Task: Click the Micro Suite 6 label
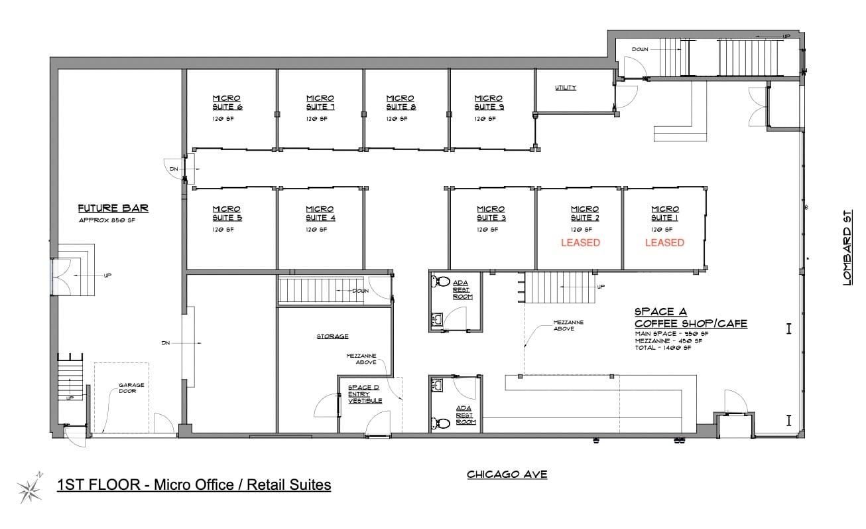pos(227,103)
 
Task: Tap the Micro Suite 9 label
pos(488,103)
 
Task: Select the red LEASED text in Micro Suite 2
pos(580,243)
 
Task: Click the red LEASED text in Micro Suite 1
pos(664,243)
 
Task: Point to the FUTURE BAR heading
pos(113,208)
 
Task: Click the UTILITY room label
pos(566,88)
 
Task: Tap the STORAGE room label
pos(332,337)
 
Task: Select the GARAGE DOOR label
pos(131,389)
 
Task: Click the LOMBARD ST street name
pos(847,247)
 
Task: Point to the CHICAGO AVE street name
pos(507,475)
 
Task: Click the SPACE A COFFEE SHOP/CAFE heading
pos(690,317)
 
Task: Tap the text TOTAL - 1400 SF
pos(662,348)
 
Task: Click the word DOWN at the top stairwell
pos(640,50)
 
